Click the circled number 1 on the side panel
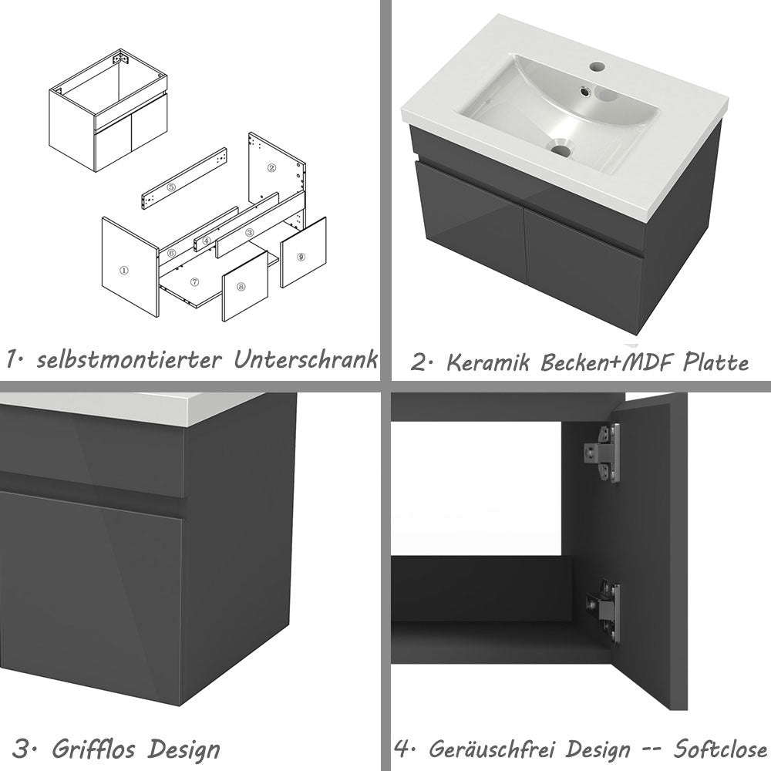click(123, 271)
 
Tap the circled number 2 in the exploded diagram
click(271, 167)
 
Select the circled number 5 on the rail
click(171, 187)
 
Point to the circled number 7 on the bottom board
click(195, 282)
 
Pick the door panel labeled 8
click(241, 287)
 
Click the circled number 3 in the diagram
click(249, 232)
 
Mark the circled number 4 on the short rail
click(207, 241)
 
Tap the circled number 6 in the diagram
click(172, 253)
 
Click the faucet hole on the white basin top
click(596, 67)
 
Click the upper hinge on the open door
click(604, 453)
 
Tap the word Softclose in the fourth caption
click(720, 749)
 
